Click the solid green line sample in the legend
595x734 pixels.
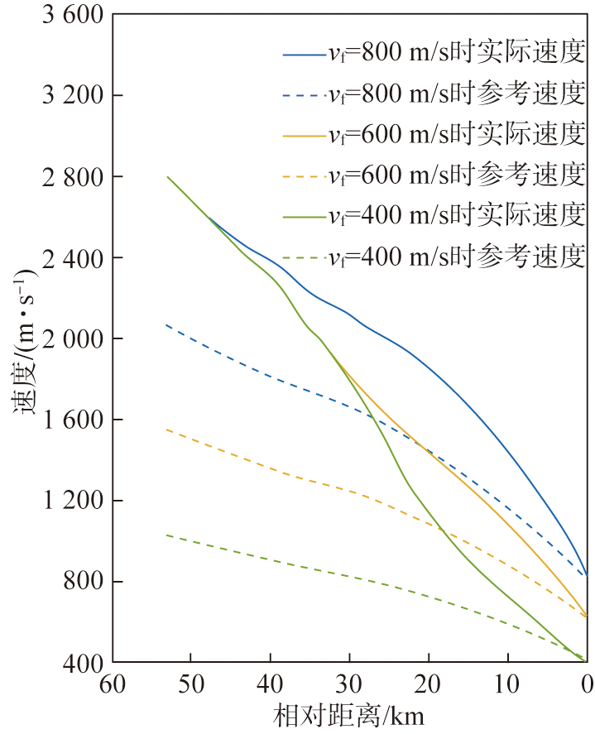click(x=301, y=217)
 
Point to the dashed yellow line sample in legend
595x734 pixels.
click(x=301, y=176)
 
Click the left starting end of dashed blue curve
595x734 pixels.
click(x=167, y=325)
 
